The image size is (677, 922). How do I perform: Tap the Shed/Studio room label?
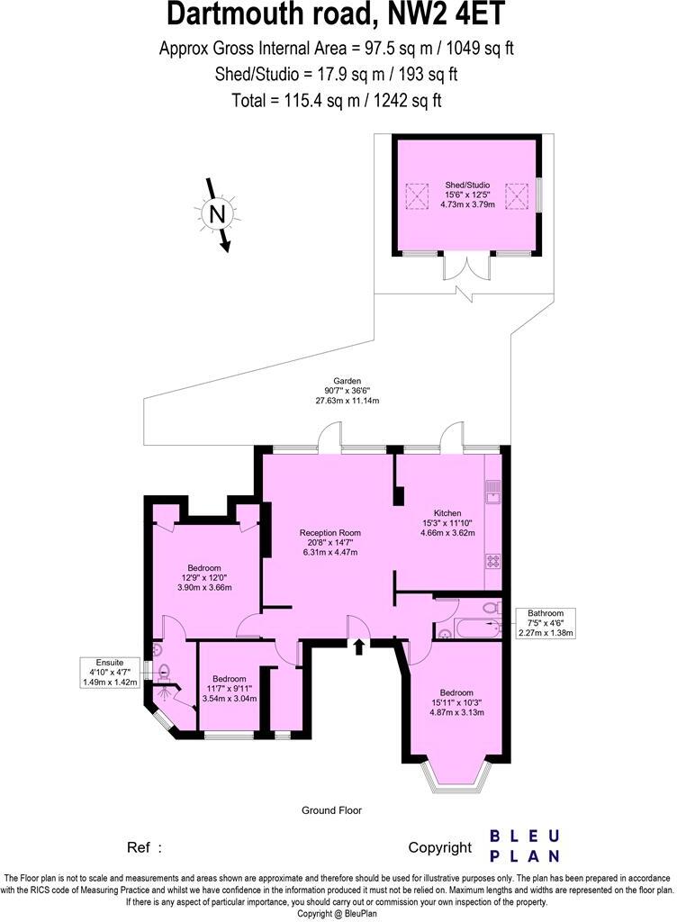[x=466, y=194]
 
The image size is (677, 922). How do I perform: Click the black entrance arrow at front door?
[x=360, y=646]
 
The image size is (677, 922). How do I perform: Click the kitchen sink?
[x=492, y=491]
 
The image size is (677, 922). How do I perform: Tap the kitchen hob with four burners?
[x=492, y=560]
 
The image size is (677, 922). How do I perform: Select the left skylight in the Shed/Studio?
[x=416, y=194]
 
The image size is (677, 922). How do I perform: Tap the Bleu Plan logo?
[x=525, y=846]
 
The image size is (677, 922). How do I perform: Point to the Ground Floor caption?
[x=331, y=810]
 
